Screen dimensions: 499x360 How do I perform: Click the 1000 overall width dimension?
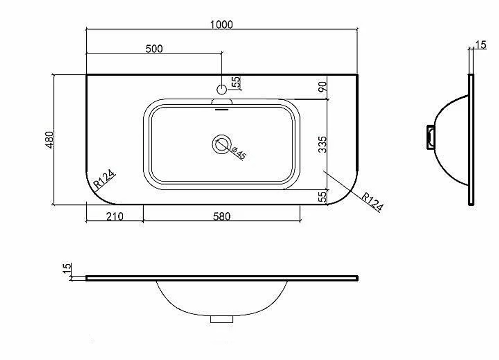pyautogui.click(x=222, y=24)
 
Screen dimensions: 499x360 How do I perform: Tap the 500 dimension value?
pyautogui.click(x=154, y=49)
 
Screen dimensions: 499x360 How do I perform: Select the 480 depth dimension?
pyautogui.click(x=50, y=140)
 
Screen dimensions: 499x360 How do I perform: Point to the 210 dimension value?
pyautogui.click(x=115, y=216)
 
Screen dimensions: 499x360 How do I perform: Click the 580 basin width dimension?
pyautogui.click(x=222, y=216)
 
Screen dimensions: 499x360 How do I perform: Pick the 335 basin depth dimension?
pyautogui.click(x=322, y=145)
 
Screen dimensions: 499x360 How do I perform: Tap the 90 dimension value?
pyautogui.click(x=322, y=87)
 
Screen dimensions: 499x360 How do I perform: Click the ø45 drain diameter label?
pyautogui.click(x=239, y=153)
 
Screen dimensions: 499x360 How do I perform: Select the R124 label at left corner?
pyautogui.click(x=104, y=179)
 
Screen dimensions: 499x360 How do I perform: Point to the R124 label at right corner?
pyautogui.click(x=372, y=202)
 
